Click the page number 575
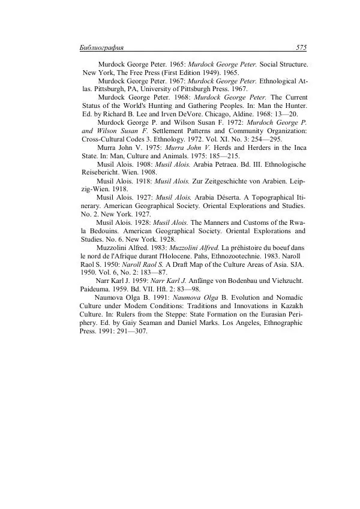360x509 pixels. click(301, 47)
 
